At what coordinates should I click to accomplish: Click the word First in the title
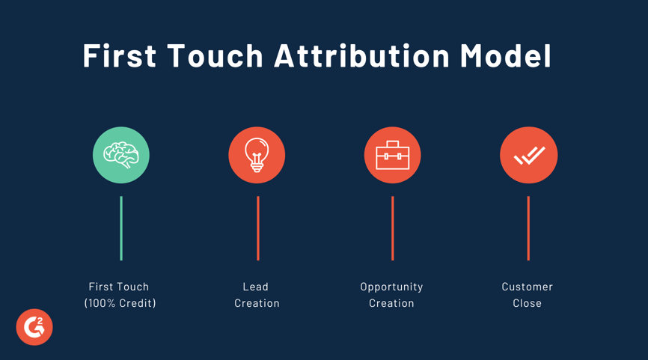tap(119, 56)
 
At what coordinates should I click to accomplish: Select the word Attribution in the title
tap(361, 56)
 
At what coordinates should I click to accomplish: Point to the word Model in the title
tap(506, 56)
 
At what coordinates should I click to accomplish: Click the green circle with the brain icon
tap(121, 155)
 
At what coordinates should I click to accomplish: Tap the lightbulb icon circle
tap(257, 155)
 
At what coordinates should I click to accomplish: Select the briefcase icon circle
tap(392, 155)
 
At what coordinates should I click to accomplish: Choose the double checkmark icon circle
tap(528, 155)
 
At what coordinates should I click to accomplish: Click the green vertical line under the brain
tap(121, 228)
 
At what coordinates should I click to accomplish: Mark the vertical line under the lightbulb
tap(257, 228)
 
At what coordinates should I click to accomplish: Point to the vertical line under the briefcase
tap(392, 228)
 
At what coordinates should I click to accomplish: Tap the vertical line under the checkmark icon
tap(528, 228)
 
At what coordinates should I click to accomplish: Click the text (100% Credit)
tap(120, 303)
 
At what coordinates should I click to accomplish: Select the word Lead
tap(256, 287)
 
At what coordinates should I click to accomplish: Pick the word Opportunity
tap(391, 287)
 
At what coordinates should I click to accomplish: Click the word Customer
tap(528, 287)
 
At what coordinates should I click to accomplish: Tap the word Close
tap(528, 303)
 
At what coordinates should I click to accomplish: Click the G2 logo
tap(34, 327)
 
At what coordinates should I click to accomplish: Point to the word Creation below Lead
tap(257, 303)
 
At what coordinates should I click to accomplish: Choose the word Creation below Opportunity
tap(391, 303)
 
